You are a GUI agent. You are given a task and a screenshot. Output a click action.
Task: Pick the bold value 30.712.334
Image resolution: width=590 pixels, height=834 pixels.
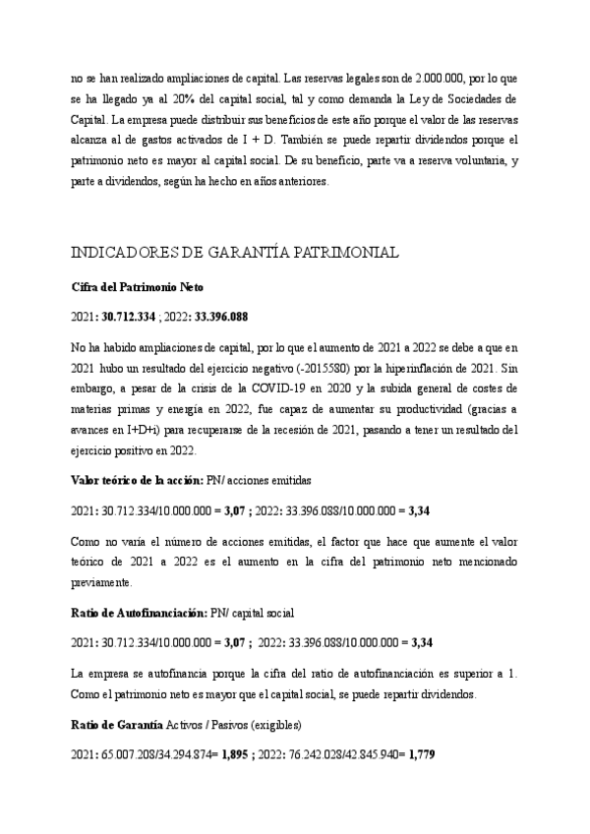pyautogui.click(x=131, y=318)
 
